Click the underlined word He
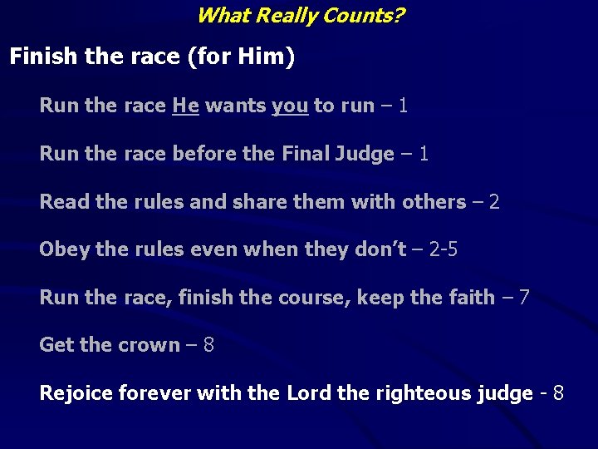tap(185, 106)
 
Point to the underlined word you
tap(290, 106)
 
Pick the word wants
tap(235, 106)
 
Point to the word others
tap(434, 202)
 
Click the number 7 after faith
tap(523, 297)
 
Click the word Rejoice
tap(76, 392)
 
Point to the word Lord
tap(309, 392)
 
